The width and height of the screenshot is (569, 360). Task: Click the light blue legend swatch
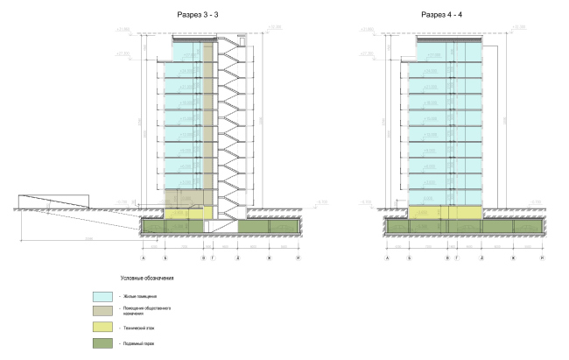104,297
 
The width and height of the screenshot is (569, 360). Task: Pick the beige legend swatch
104,312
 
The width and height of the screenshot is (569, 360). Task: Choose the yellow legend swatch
104,328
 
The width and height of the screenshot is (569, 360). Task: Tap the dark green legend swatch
104,344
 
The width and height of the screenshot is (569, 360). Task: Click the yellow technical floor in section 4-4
446,212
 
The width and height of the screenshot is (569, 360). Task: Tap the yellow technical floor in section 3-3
188,213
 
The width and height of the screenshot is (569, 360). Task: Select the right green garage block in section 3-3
269,228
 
